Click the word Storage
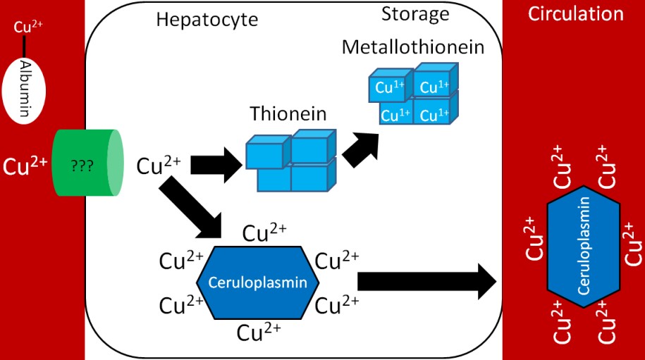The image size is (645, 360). pyautogui.click(x=414, y=13)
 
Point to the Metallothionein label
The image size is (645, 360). pyautogui.click(x=413, y=48)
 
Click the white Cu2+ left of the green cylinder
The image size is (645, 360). pyautogui.click(x=25, y=166)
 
